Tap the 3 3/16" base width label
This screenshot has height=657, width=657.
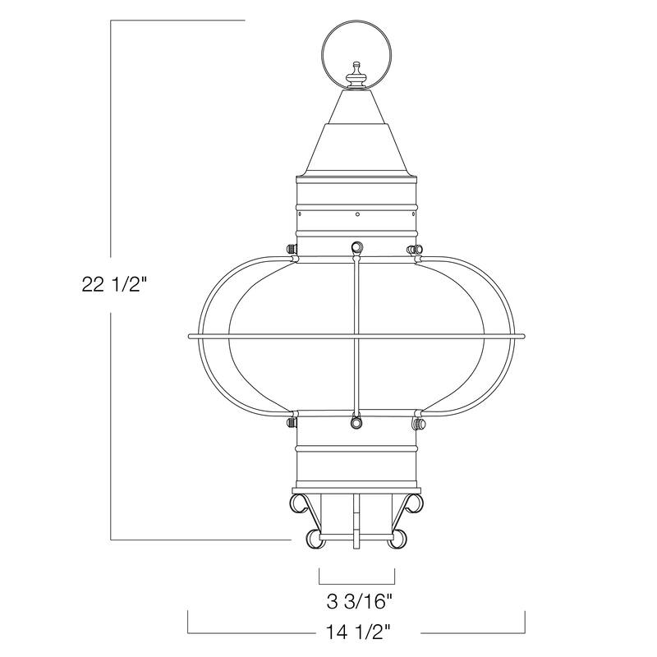point(356,601)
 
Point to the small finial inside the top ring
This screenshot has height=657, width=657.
point(356,76)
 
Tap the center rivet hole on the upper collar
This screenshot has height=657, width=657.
point(356,215)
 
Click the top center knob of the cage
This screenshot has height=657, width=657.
point(356,246)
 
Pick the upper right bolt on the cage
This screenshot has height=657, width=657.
point(416,248)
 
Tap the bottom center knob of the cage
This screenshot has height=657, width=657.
point(356,422)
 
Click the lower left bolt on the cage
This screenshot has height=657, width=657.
point(290,423)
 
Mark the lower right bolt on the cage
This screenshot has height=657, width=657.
point(419,423)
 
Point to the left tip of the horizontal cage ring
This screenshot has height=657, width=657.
point(191,336)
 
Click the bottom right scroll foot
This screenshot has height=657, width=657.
point(398,538)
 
